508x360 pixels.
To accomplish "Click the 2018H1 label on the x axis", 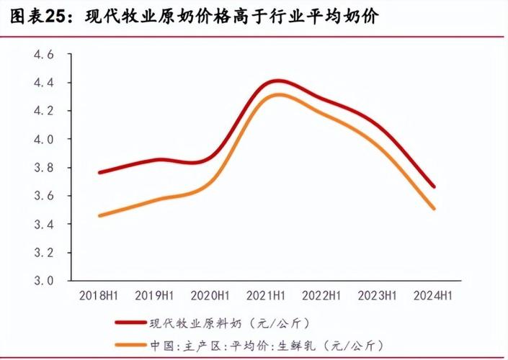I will tap(99, 295).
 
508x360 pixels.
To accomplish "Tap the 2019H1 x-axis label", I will tap(155, 295).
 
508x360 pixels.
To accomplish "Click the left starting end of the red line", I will tap(99, 173).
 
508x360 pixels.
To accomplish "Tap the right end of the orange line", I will tap(435, 209).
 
